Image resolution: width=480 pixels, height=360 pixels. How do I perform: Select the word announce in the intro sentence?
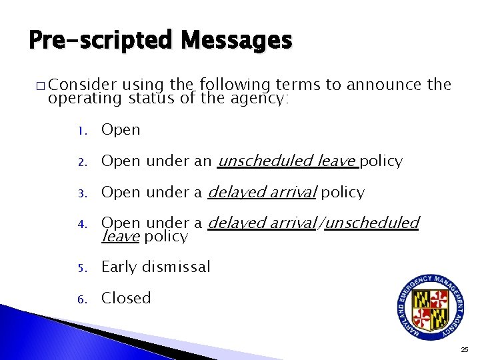pyautogui.click(x=380, y=85)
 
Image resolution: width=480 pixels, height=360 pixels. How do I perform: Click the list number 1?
pyautogui.click(x=79, y=131)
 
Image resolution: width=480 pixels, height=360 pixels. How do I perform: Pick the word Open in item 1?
pyautogui.click(x=121, y=130)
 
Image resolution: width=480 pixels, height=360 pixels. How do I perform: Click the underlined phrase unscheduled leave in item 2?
pyautogui.click(x=287, y=161)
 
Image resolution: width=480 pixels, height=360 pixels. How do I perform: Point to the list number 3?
pyautogui.click(x=79, y=193)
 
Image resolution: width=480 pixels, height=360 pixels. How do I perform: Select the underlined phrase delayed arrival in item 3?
pyautogui.click(x=262, y=193)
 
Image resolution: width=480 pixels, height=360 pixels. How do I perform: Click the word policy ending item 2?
pyautogui.click(x=381, y=161)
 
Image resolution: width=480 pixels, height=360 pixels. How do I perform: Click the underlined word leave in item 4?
pyautogui.click(x=120, y=237)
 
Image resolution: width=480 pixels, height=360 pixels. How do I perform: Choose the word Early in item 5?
pyautogui.click(x=119, y=267)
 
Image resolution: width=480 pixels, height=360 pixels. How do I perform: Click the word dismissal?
pyautogui.click(x=176, y=267)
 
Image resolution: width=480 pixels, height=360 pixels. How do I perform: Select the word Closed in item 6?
pyautogui.click(x=126, y=298)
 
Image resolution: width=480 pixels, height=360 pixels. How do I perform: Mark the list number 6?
pyautogui.click(x=79, y=299)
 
